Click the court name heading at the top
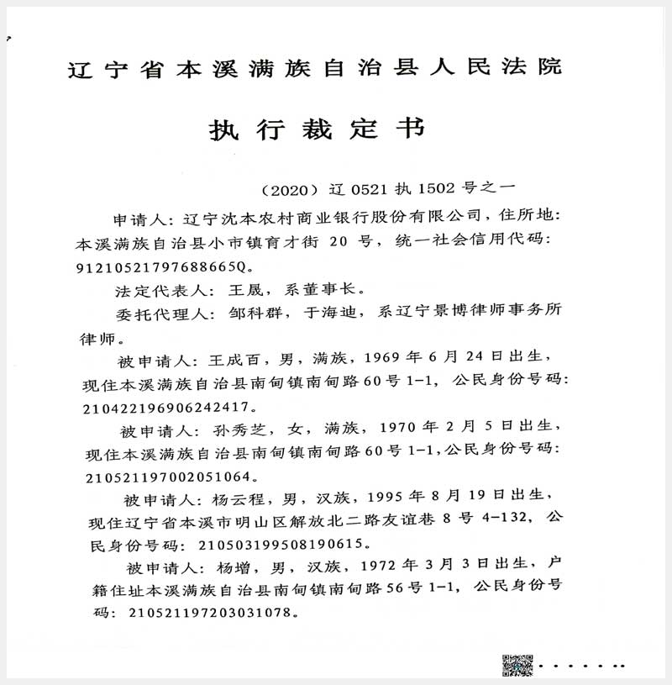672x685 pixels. click(314, 68)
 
